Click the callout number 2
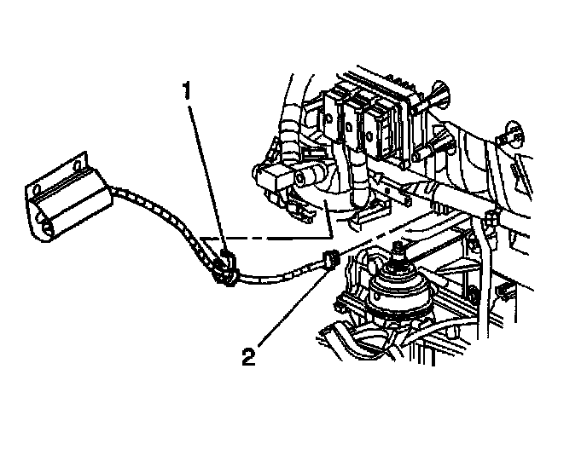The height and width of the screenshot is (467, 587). click(x=248, y=355)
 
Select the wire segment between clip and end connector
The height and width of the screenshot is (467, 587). click(x=277, y=274)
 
